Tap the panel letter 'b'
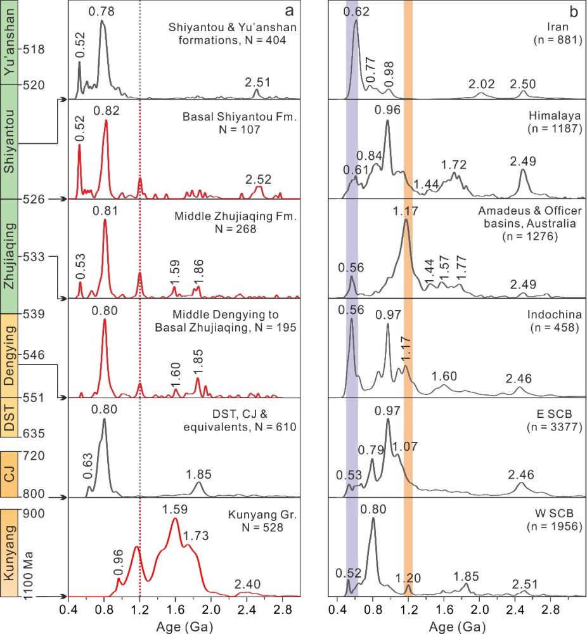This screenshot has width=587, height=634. (x=573, y=11)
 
